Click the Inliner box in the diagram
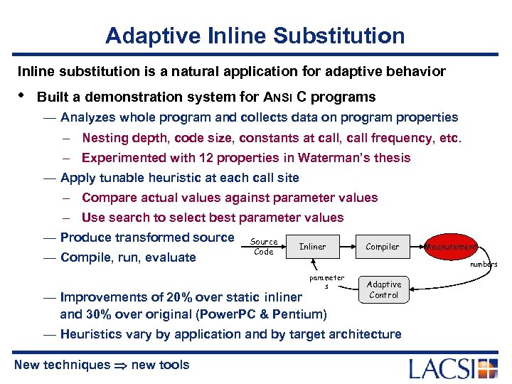tap(312, 247)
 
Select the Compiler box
tap(383, 247)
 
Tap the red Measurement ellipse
tap(450, 247)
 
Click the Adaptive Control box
tap(384, 289)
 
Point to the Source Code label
tap(264, 247)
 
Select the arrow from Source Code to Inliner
tap(282, 247)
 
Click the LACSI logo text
tap(442, 368)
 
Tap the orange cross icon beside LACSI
tap(488, 368)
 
